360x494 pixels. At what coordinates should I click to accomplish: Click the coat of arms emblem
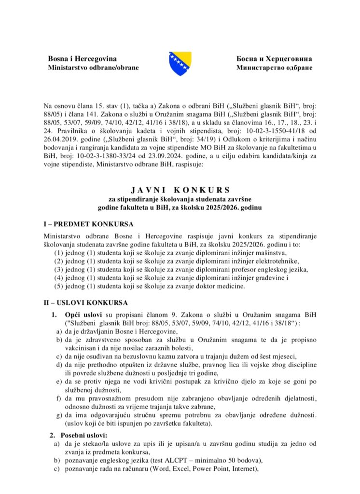pos(180,63)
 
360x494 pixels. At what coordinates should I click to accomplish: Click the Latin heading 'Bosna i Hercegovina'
pos(82,59)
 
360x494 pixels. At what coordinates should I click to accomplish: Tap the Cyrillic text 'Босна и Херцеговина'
pos(274,59)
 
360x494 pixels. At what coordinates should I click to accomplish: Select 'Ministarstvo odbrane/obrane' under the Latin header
pos(93,68)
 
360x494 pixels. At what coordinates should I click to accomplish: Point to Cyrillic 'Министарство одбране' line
pos(274,68)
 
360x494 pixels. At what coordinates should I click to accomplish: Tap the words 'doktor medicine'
pos(221,286)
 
